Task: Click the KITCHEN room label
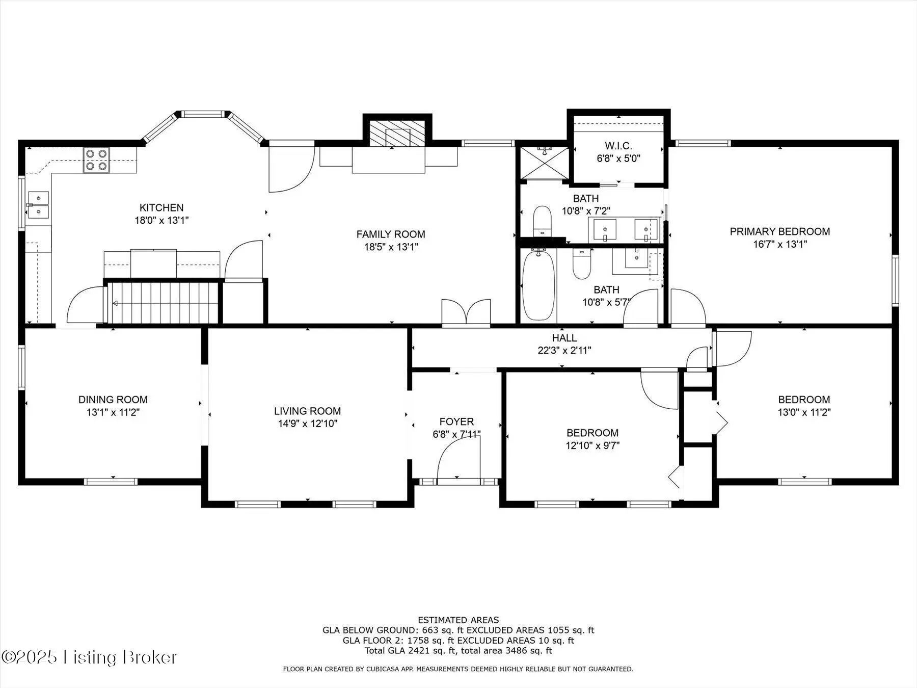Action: pos(161,207)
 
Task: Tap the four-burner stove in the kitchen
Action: pos(96,160)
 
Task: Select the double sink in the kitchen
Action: pos(38,205)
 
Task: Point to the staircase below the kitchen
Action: pos(163,303)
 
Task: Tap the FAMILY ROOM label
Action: pos(391,234)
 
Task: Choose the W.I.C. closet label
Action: pos(618,146)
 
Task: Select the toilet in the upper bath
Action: pos(543,222)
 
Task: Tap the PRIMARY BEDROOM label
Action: pos(780,231)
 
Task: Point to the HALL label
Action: pos(564,338)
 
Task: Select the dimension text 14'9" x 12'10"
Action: pos(307,424)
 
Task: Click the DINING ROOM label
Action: pos(113,400)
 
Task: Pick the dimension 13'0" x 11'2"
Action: pos(804,412)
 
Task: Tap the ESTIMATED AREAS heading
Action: pos(459,620)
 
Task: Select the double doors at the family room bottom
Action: pos(466,312)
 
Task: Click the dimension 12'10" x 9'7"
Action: pos(592,445)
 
